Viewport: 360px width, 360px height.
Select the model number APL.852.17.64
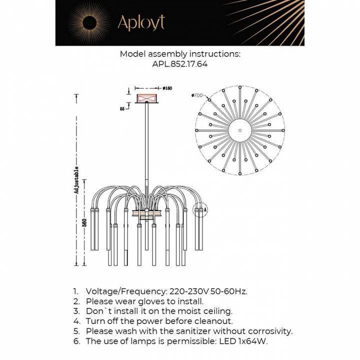179,64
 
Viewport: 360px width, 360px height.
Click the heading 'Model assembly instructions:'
180,53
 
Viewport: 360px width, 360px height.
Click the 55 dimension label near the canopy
122,108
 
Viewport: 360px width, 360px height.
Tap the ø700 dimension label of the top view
196,95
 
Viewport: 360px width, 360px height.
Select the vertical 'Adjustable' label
76,179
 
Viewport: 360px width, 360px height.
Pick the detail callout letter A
205,210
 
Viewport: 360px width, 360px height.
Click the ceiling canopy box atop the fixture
147,96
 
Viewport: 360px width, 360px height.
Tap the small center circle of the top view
240,130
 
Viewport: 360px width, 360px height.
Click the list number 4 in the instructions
76,321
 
